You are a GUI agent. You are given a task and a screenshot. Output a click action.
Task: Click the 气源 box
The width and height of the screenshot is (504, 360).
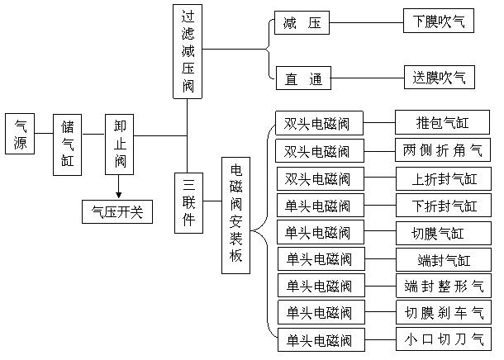coord(21,135)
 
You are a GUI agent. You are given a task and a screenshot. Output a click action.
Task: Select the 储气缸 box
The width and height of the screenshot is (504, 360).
coord(68,144)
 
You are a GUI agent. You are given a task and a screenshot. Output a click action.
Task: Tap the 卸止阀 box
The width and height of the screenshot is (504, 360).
coord(120,144)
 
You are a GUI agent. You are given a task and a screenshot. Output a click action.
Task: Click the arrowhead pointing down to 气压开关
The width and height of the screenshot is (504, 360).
coord(119,195)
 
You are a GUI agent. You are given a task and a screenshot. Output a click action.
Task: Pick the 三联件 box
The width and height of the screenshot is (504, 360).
coord(188,202)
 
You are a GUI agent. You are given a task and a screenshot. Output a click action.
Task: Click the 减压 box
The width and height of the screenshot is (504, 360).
coord(302,23)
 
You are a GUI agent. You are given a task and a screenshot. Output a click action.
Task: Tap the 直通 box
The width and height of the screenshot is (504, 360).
coord(302,79)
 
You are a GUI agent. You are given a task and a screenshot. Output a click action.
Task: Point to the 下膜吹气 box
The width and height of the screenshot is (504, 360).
coord(439,22)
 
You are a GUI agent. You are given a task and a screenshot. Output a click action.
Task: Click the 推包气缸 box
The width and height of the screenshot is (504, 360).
coord(443,124)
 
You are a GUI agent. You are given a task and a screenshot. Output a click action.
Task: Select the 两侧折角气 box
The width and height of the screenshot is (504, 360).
coord(443,151)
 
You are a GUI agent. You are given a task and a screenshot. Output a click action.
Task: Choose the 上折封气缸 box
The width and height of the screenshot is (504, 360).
coord(443,178)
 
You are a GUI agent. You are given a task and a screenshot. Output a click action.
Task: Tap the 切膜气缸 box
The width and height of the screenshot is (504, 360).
coord(443,232)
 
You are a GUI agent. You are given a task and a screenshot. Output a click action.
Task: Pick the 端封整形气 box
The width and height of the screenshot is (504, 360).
coord(443,286)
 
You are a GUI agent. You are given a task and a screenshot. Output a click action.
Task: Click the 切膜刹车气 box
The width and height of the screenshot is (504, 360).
coord(443,313)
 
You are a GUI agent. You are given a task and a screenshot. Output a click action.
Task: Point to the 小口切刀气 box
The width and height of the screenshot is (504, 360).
coord(443,339)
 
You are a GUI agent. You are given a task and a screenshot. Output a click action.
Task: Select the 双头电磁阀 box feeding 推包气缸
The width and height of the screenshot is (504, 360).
coord(317,124)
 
